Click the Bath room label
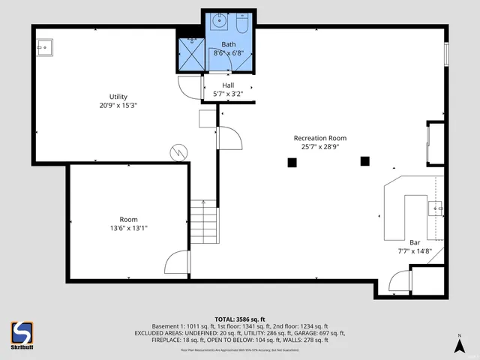pos(228,44)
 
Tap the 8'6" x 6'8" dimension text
pos(228,53)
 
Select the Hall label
pos(228,85)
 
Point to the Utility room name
pos(118,97)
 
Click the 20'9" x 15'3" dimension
pos(118,106)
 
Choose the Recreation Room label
pos(320,138)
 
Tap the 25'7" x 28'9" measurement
pos(320,147)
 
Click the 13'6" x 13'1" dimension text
pos(128,228)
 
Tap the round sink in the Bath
pos(219,22)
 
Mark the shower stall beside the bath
pos(190,53)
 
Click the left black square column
pos(290,162)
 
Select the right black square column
pos(365,160)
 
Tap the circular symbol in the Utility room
pos(178,152)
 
